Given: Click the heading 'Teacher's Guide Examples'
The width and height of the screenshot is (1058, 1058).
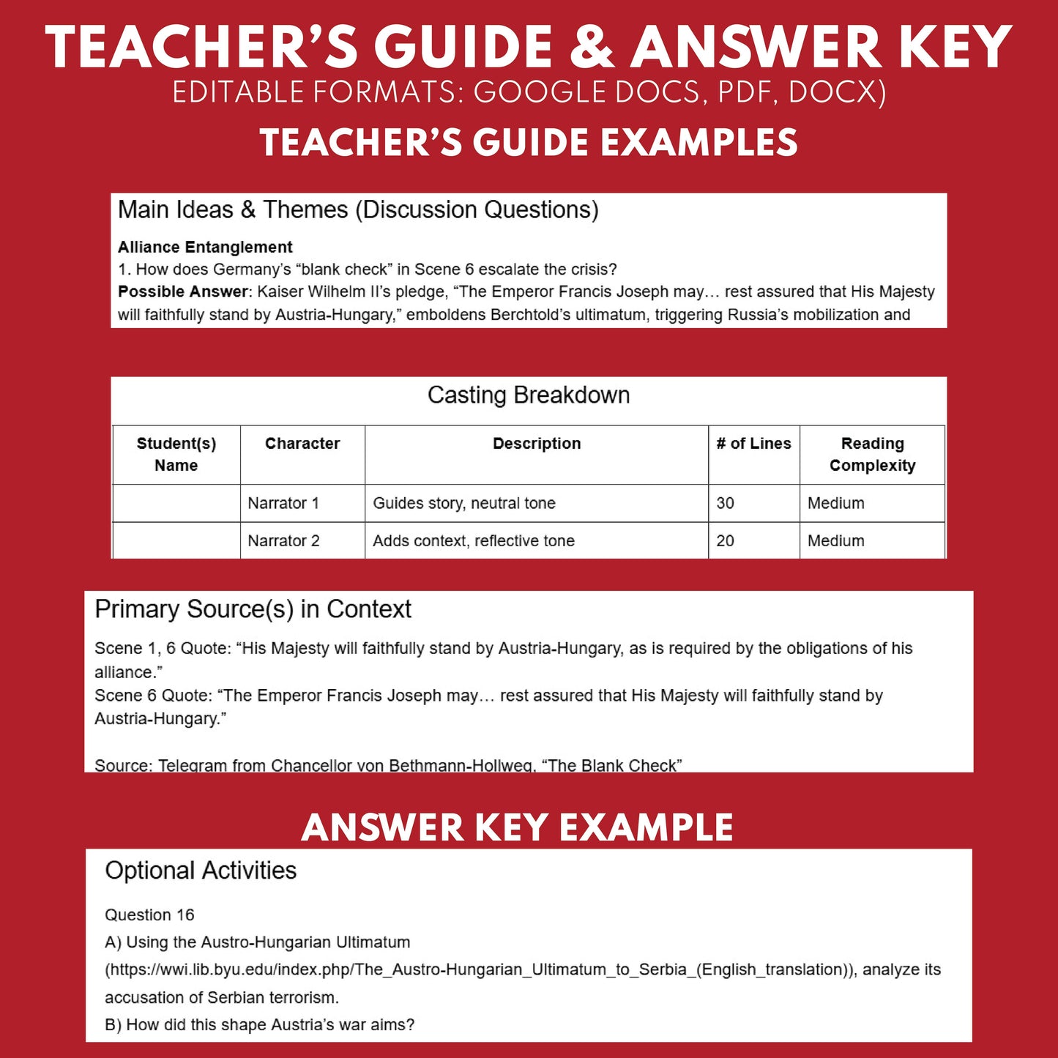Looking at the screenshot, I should point(529,142).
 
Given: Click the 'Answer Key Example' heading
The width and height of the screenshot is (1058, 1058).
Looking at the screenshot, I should point(517,827).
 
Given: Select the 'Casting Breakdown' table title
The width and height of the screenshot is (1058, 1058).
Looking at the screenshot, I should point(528,395).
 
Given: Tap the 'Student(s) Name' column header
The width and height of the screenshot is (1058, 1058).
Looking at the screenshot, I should point(176,454).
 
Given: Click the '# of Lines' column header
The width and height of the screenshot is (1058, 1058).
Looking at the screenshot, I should point(753,444).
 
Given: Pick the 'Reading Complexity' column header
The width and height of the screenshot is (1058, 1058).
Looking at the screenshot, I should point(872,454).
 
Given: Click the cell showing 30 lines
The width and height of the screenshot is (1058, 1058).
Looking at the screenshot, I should point(725,503).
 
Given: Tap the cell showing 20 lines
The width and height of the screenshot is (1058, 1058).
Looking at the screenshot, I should point(725,540).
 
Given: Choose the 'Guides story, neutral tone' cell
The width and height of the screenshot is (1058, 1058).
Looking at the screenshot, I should point(464,503).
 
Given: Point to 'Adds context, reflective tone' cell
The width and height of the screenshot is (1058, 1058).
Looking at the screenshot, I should point(474,540).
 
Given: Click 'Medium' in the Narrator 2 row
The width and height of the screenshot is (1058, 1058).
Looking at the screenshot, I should point(835,540).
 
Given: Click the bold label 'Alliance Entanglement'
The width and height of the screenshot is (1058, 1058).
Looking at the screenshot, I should point(205,247).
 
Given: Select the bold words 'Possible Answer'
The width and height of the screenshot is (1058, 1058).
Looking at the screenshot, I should point(182,291).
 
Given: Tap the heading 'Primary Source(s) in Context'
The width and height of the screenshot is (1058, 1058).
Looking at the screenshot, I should point(253,609).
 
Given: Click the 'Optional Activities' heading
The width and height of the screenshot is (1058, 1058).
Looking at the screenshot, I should point(201,870).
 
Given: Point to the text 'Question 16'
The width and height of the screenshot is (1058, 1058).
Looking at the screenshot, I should point(149,914).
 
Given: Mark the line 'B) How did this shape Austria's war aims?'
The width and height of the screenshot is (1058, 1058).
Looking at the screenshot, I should point(259,1024).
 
